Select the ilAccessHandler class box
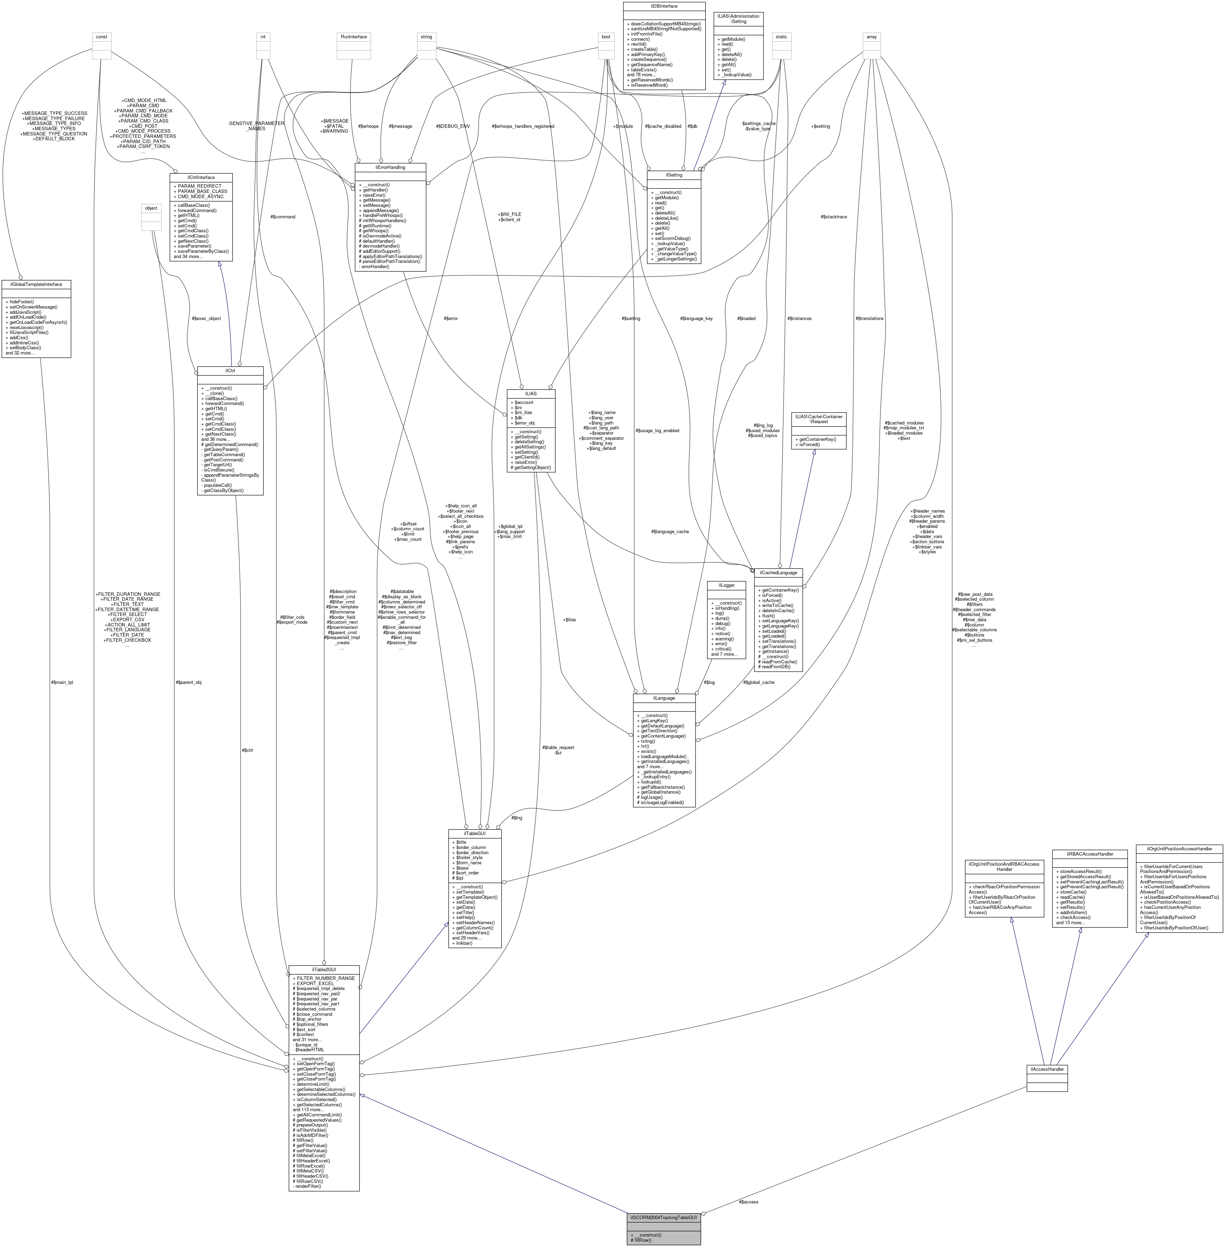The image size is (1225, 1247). point(1047,1078)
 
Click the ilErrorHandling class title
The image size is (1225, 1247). point(390,167)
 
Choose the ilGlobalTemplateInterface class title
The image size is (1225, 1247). point(36,284)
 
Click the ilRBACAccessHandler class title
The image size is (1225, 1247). point(1089,854)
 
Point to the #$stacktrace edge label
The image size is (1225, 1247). point(834,217)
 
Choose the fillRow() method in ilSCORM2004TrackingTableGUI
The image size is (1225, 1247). point(643,1240)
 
